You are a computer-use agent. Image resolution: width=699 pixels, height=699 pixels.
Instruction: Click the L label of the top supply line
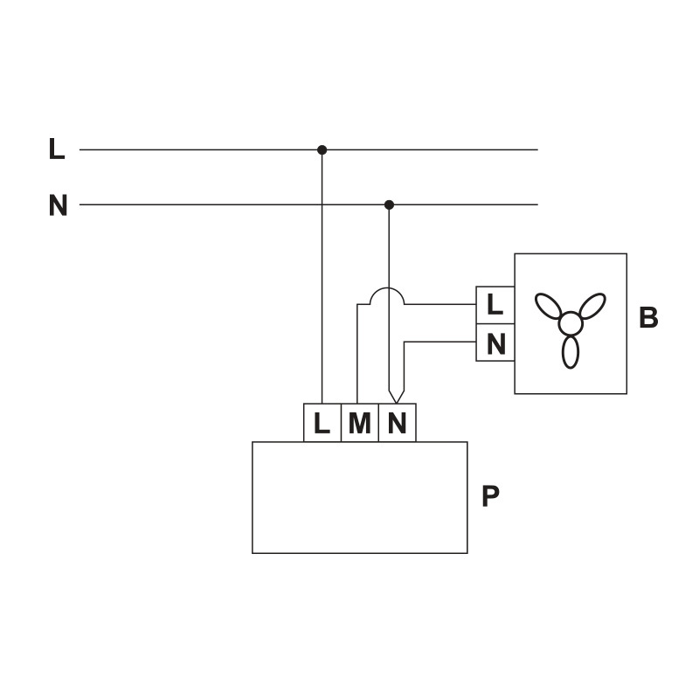57,149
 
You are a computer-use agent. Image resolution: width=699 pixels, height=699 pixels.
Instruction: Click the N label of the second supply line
58,206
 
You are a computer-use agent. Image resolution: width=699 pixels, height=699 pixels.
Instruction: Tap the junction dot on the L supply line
322,150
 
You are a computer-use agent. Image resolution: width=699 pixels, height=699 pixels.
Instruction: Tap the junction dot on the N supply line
390,204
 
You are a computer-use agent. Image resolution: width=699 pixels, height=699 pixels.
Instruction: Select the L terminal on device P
322,424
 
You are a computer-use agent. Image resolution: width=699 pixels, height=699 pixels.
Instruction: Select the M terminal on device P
359,424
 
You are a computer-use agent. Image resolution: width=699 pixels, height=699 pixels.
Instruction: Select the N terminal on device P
397,424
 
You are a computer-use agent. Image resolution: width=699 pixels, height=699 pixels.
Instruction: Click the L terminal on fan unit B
495,306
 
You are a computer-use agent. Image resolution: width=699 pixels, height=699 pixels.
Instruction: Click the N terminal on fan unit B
495,343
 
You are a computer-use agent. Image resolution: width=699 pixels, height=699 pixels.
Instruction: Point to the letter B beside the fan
648,318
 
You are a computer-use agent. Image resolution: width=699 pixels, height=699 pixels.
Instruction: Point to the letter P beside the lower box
490,496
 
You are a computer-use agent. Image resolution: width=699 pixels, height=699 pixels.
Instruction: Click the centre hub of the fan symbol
571,323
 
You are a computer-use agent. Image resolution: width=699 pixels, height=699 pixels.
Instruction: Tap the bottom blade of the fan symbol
571,351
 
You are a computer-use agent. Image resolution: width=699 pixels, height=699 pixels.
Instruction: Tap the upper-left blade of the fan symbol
549,306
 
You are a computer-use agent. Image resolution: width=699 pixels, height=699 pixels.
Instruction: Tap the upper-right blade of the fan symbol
592,305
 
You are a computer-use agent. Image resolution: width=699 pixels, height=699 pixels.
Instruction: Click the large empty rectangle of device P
359,497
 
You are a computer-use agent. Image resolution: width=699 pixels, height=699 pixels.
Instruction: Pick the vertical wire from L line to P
322,280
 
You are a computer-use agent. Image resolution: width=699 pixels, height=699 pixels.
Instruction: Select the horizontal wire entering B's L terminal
441,305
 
